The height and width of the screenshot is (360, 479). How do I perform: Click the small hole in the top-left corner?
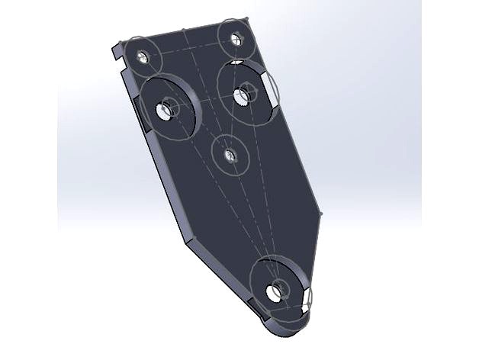[141, 56]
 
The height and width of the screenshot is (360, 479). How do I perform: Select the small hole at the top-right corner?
[236, 36]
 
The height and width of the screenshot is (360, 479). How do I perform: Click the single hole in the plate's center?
[229, 156]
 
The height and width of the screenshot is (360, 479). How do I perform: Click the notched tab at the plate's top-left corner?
[114, 54]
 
